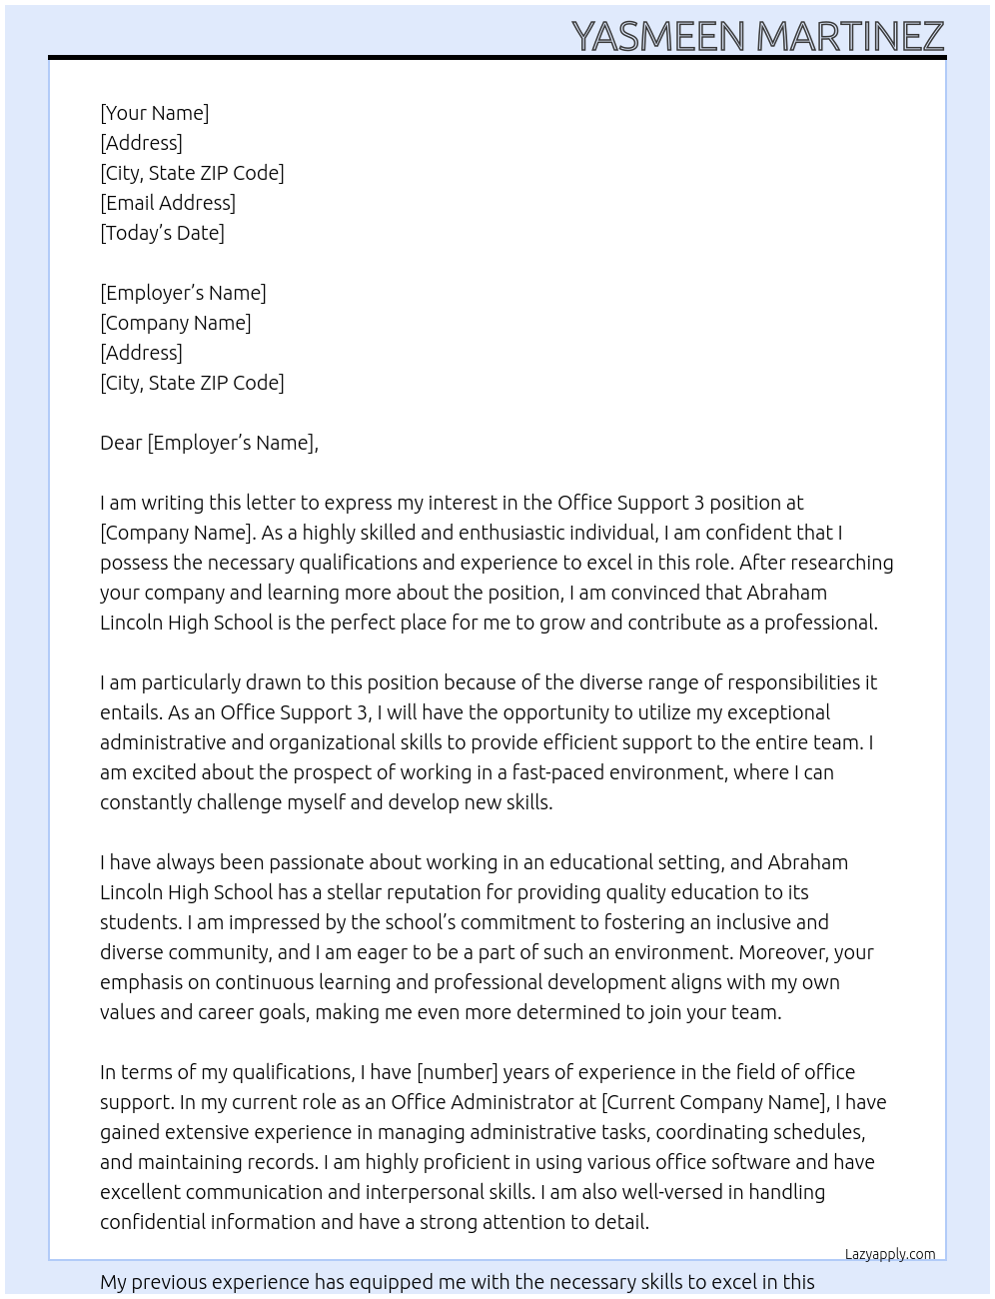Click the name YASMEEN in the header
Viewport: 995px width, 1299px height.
[658, 37]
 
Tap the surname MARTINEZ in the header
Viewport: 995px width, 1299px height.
[850, 37]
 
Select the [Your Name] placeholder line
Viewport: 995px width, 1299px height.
[155, 113]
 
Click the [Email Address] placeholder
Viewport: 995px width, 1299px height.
[168, 203]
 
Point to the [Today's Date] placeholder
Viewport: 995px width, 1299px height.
[162, 233]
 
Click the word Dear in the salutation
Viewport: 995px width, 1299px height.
[121, 443]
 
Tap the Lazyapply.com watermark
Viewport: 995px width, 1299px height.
[890, 1254]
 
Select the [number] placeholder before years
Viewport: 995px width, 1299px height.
[457, 1072]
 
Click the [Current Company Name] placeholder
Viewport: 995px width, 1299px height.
[714, 1102]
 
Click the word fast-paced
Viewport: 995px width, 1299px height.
[557, 772]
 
